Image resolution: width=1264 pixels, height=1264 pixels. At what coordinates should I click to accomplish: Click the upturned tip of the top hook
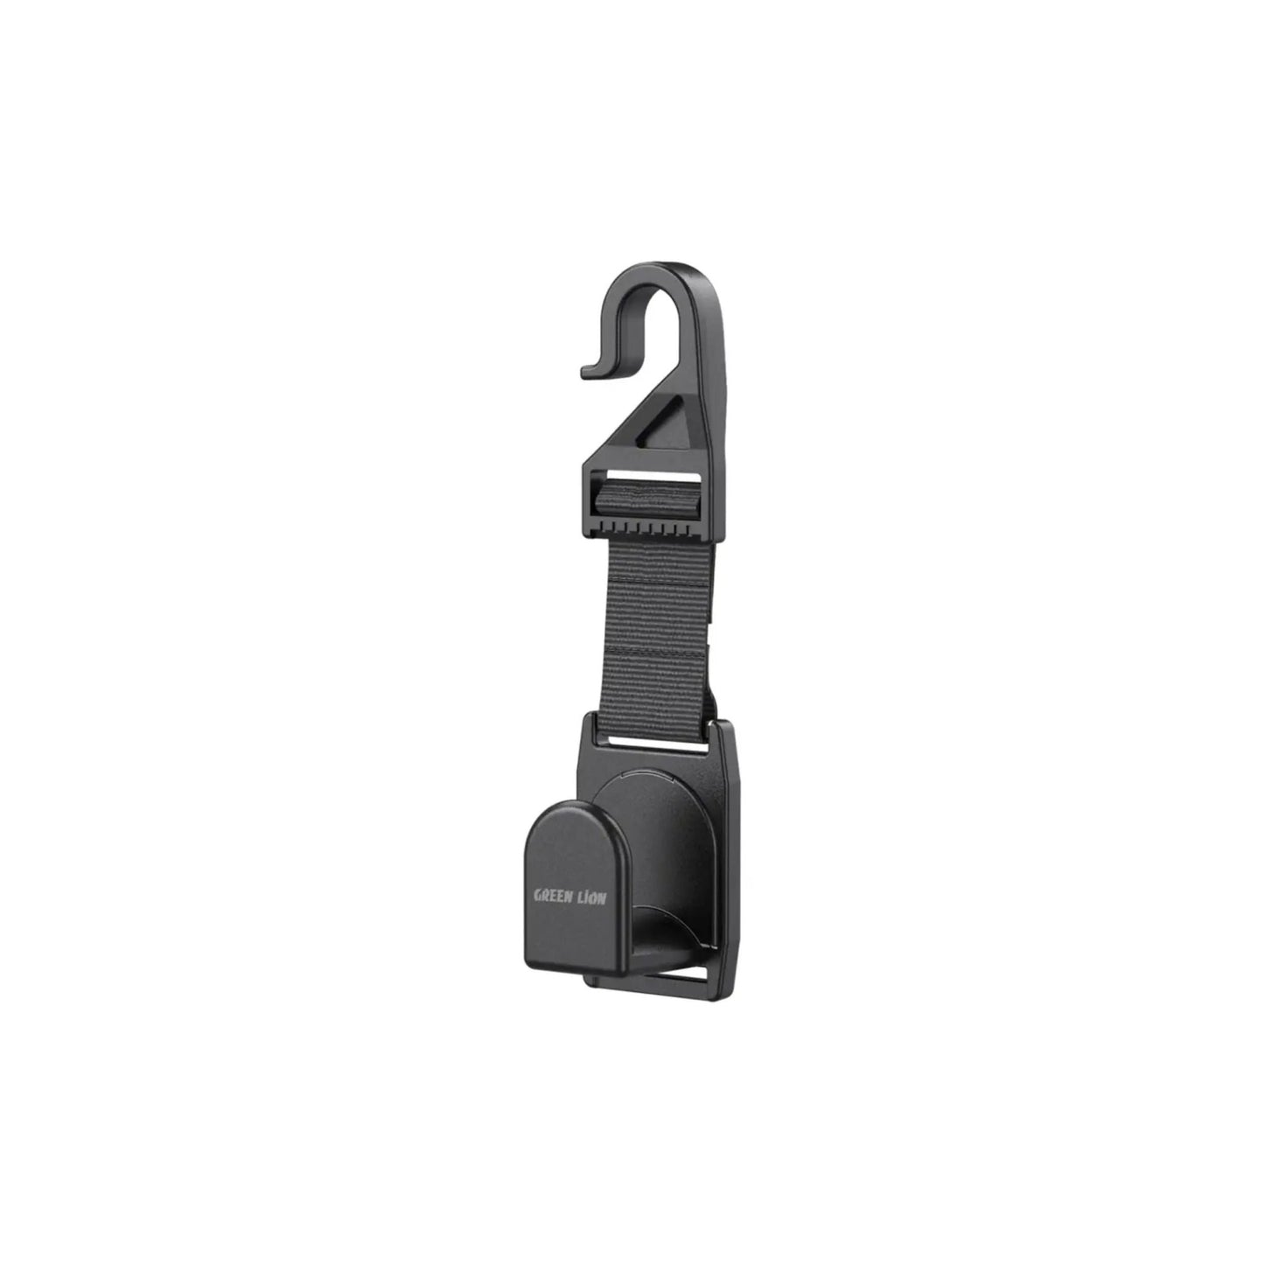(x=589, y=371)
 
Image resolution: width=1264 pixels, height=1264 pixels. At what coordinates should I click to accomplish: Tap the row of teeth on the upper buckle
(x=652, y=531)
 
